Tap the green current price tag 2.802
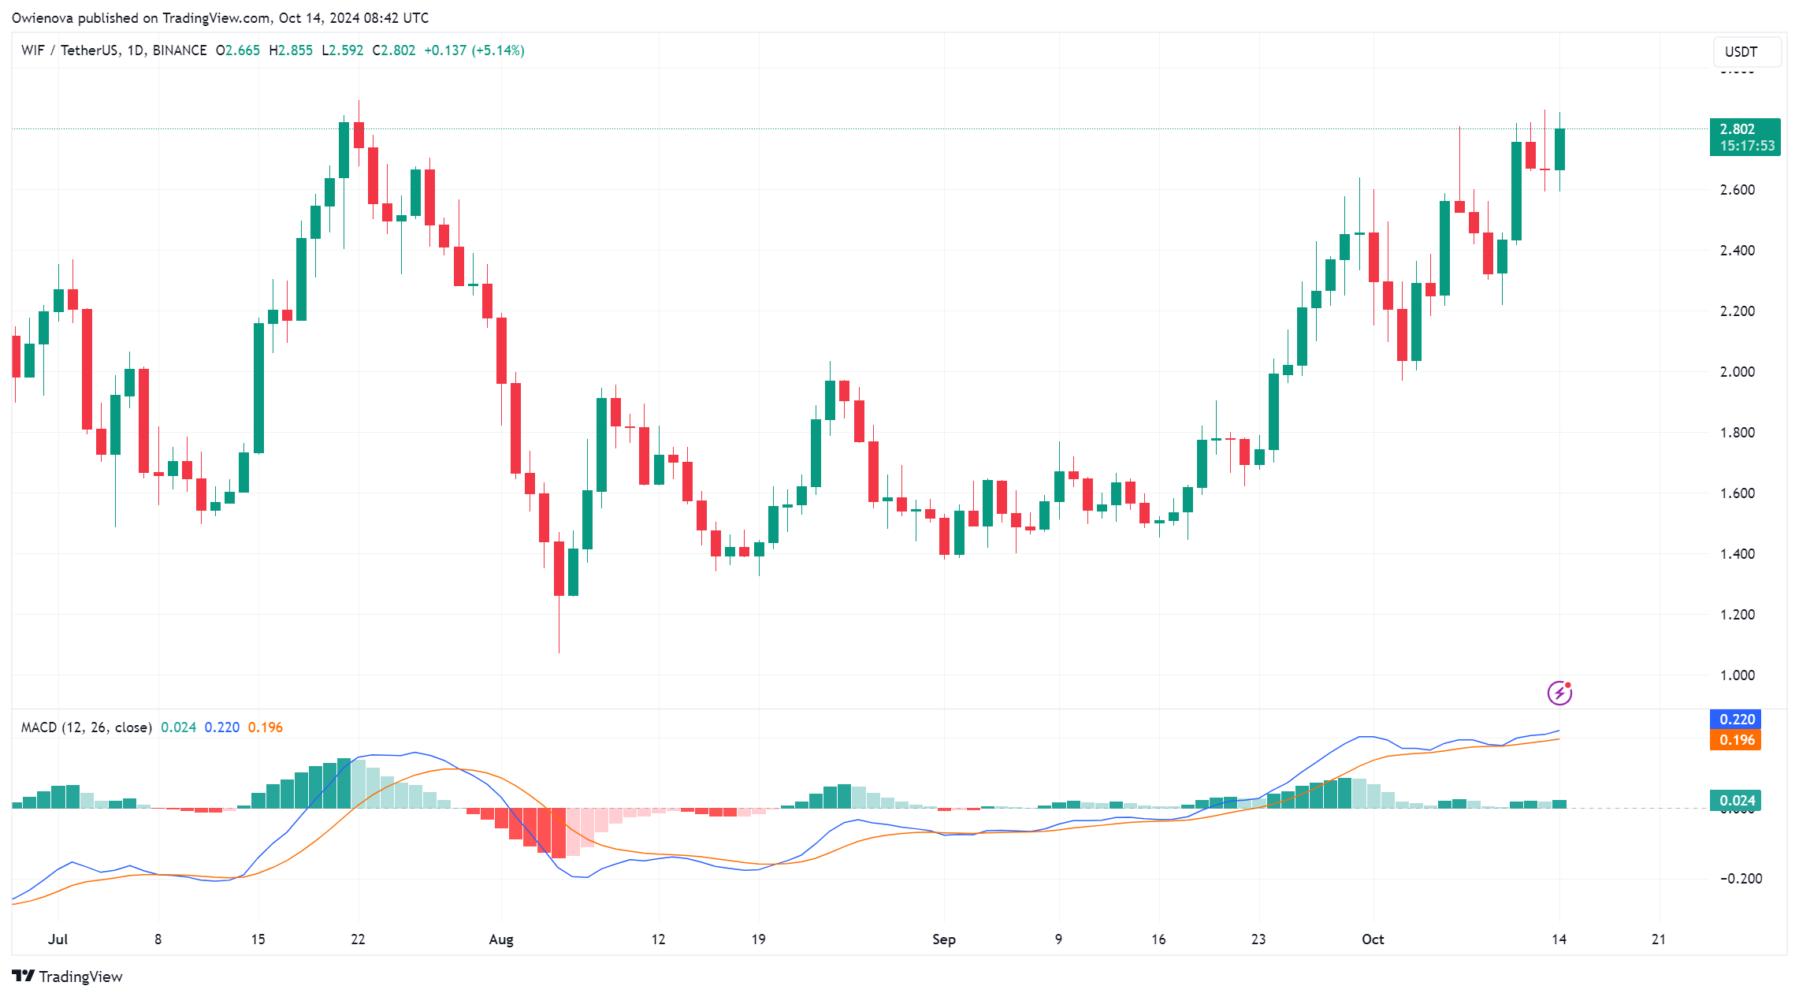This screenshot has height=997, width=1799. [x=1744, y=137]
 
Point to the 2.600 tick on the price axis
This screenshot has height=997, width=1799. [x=1737, y=190]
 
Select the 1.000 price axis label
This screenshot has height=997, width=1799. [x=1737, y=675]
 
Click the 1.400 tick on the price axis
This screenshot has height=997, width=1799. [x=1737, y=554]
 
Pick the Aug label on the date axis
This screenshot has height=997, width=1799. [x=501, y=939]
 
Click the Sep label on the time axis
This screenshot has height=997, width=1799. [x=943, y=939]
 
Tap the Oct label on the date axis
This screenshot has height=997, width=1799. [x=1373, y=939]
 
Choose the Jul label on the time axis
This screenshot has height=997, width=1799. [x=58, y=939]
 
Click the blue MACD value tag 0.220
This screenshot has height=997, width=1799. [x=1736, y=720]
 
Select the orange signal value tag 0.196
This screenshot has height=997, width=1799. [x=1736, y=740]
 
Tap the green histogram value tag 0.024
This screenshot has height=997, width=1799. [x=1736, y=801]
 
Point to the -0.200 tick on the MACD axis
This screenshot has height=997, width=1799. [x=1741, y=879]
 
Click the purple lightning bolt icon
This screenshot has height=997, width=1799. [x=1559, y=693]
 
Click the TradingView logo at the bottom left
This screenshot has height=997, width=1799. [x=68, y=977]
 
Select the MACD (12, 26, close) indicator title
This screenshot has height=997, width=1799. [x=86, y=727]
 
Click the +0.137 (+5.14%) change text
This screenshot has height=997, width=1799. [x=474, y=50]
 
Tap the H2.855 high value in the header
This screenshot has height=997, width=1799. [x=291, y=50]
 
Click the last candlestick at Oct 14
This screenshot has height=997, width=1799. [x=1559, y=149]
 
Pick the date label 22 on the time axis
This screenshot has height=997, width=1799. [x=358, y=939]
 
